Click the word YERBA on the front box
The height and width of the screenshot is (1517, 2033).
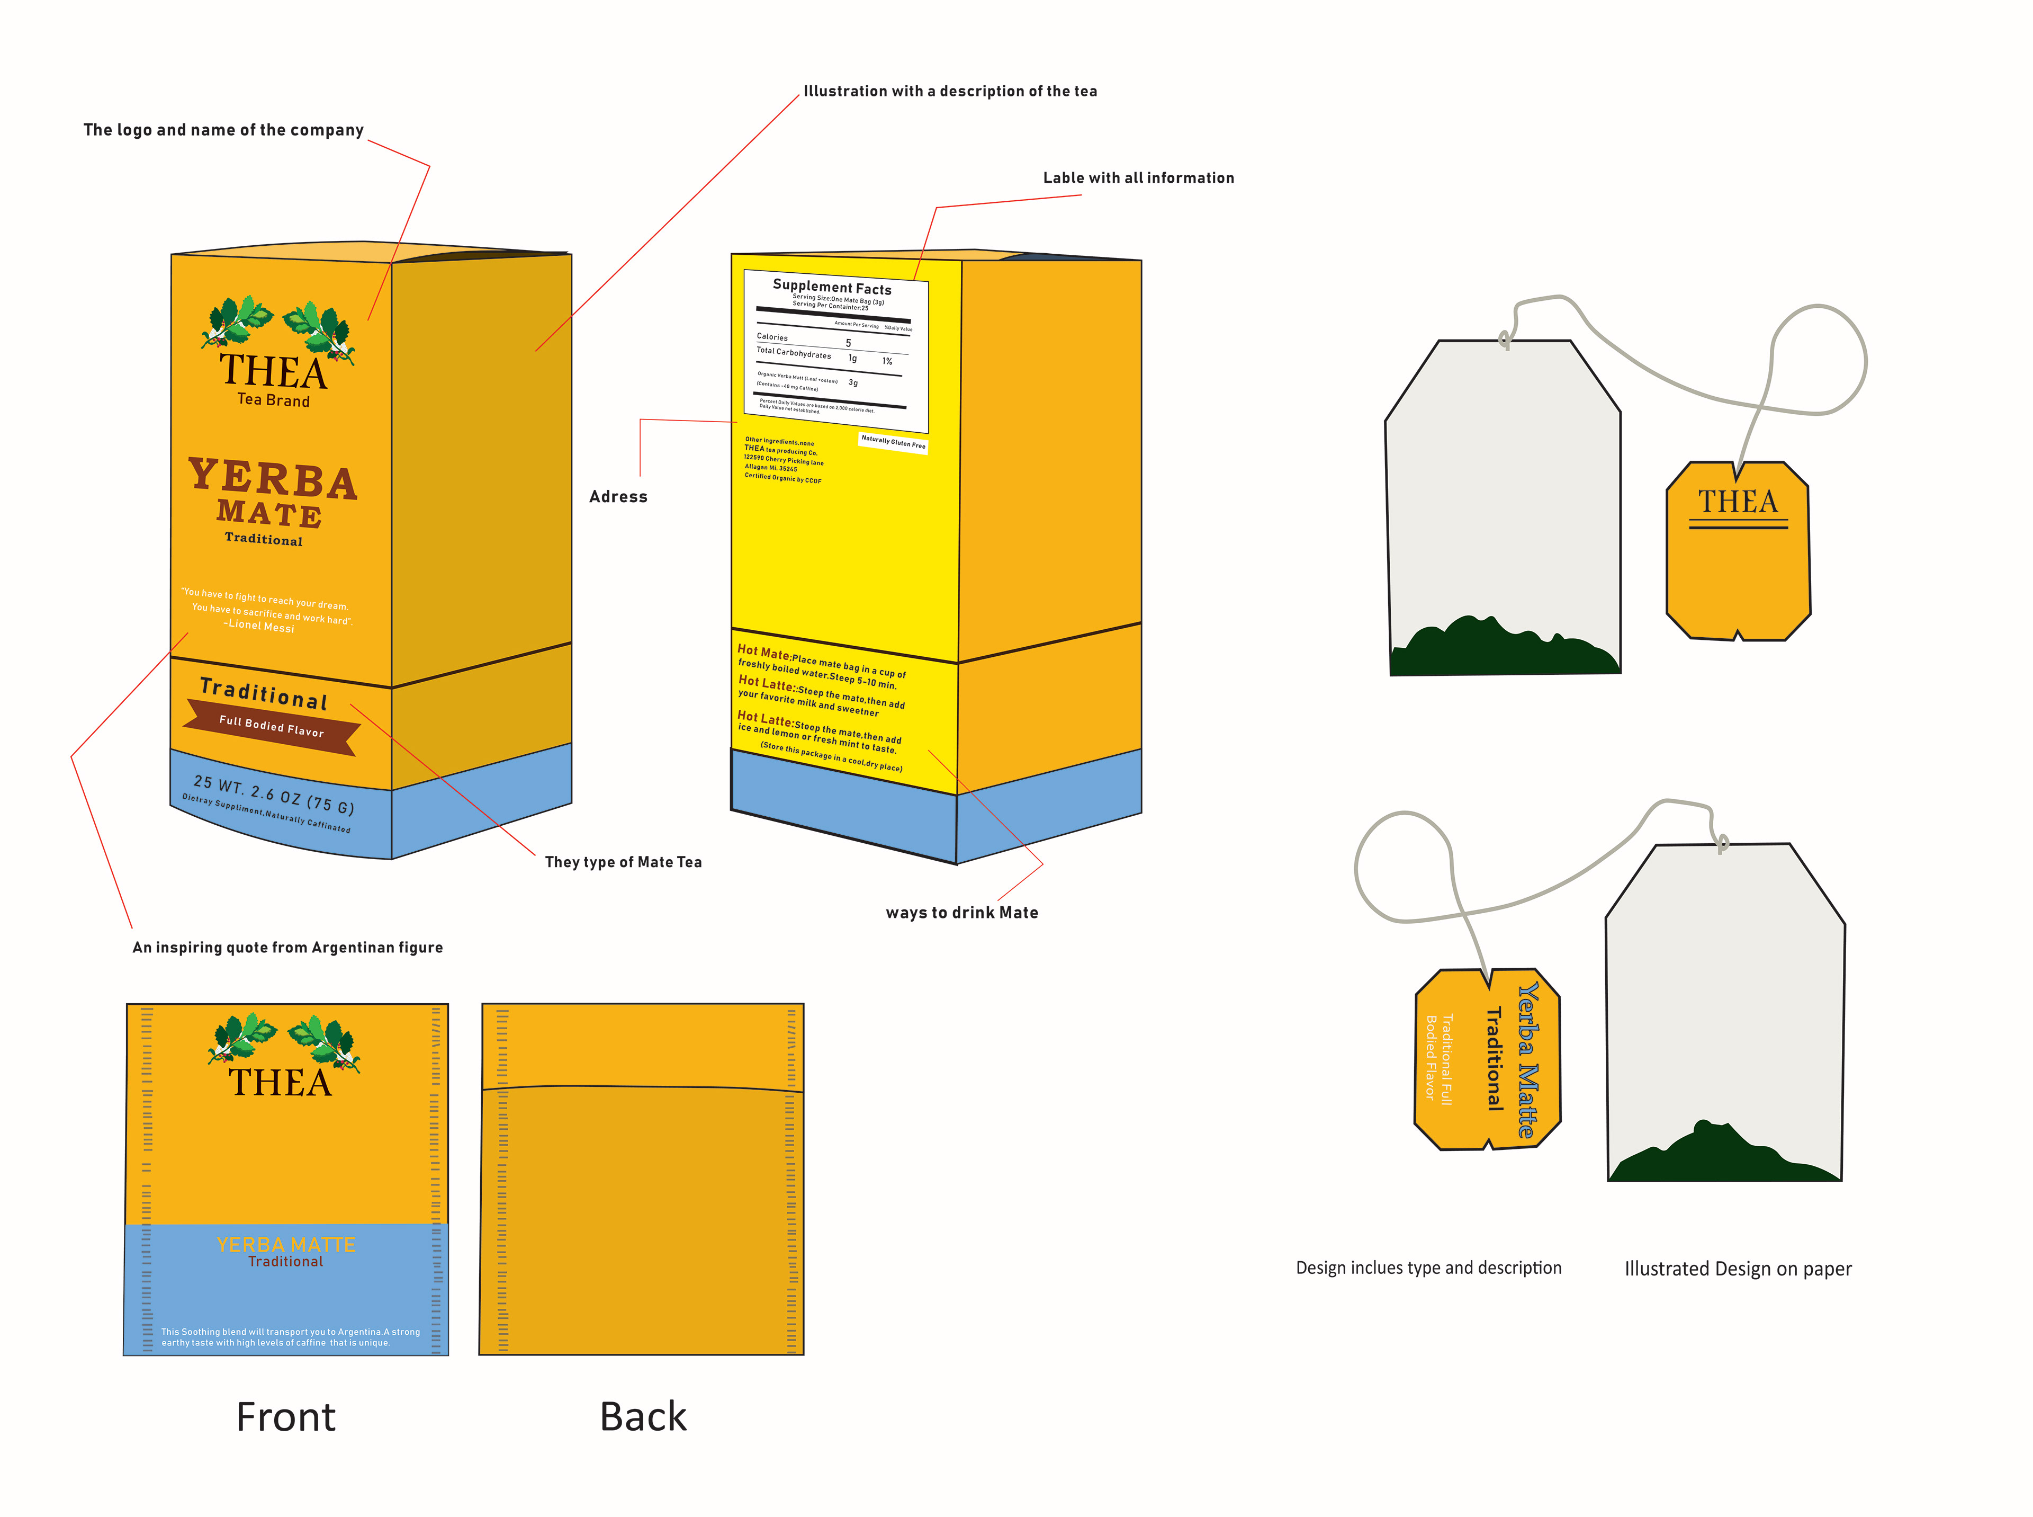pos(273,478)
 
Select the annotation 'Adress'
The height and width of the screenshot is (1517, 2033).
pos(618,497)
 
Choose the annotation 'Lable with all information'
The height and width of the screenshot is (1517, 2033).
pos(1138,178)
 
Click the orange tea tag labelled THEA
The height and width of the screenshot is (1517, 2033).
pos(1738,551)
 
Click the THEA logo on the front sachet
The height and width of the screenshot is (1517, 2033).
pos(280,1082)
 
